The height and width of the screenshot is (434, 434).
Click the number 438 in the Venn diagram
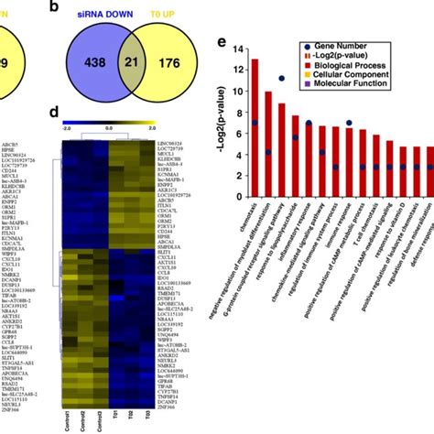click(x=93, y=63)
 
